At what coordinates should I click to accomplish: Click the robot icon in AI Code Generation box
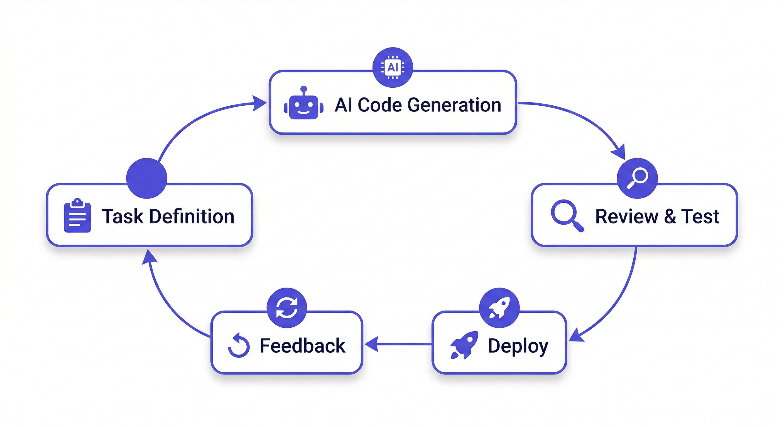303,104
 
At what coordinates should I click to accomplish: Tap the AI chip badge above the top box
393,67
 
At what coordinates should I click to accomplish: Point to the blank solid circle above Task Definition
147,178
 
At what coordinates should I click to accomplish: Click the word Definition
192,216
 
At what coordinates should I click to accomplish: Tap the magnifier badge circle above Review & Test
637,178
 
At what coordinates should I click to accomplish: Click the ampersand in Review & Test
670,216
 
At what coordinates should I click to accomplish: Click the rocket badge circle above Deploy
499,307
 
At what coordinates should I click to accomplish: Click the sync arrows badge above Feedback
287,307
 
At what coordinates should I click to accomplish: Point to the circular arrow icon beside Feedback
239,346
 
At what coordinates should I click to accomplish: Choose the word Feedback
303,346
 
